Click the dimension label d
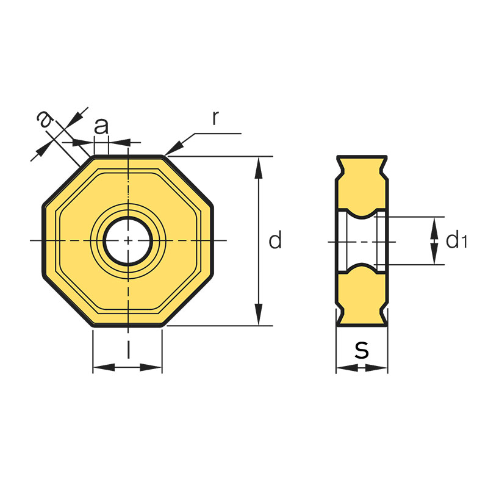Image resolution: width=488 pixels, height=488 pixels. tap(276, 241)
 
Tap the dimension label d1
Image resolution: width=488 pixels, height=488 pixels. tap(456, 241)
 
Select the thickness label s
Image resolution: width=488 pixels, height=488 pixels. tap(362, 350)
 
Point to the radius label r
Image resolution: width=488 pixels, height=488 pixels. tap(216, 118)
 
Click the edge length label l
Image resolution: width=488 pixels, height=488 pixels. tap(128, 350)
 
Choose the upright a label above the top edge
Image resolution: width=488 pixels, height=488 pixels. tap(102, 126)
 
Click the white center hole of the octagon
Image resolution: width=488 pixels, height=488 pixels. tap(127, 240)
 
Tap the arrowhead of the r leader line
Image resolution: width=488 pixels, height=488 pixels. tap(173, 149)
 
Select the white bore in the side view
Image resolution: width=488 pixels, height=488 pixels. tap(361, 242)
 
